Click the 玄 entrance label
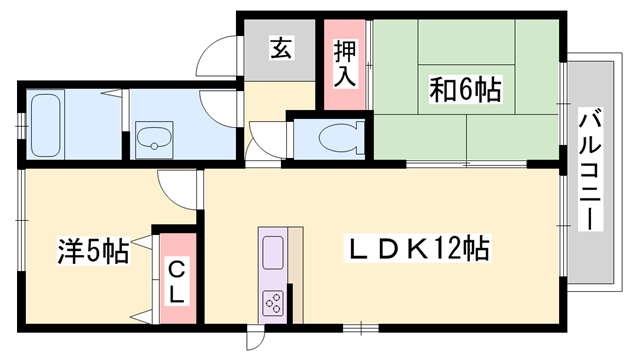[281, 48]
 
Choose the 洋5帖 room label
[91, 250]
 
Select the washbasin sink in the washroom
[155, 140]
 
